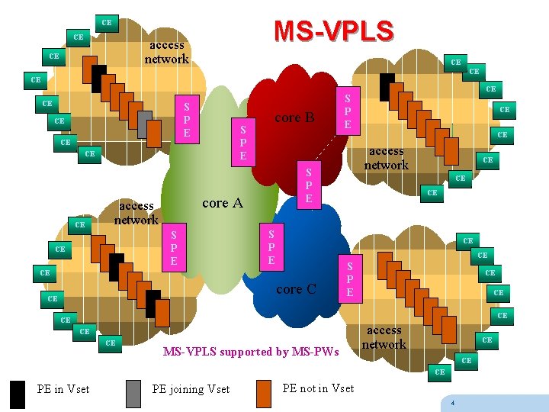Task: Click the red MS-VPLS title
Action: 333,31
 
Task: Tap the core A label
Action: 222,203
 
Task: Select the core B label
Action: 294,117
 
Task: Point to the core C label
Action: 296,289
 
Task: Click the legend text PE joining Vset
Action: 191,389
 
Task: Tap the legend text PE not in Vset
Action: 318,388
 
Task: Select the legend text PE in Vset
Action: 63,389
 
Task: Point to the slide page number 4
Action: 453,403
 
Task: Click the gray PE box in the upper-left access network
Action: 145,120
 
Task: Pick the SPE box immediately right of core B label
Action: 347,111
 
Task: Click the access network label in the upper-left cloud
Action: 166,52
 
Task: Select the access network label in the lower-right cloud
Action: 384,337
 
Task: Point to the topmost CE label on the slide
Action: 107,23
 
